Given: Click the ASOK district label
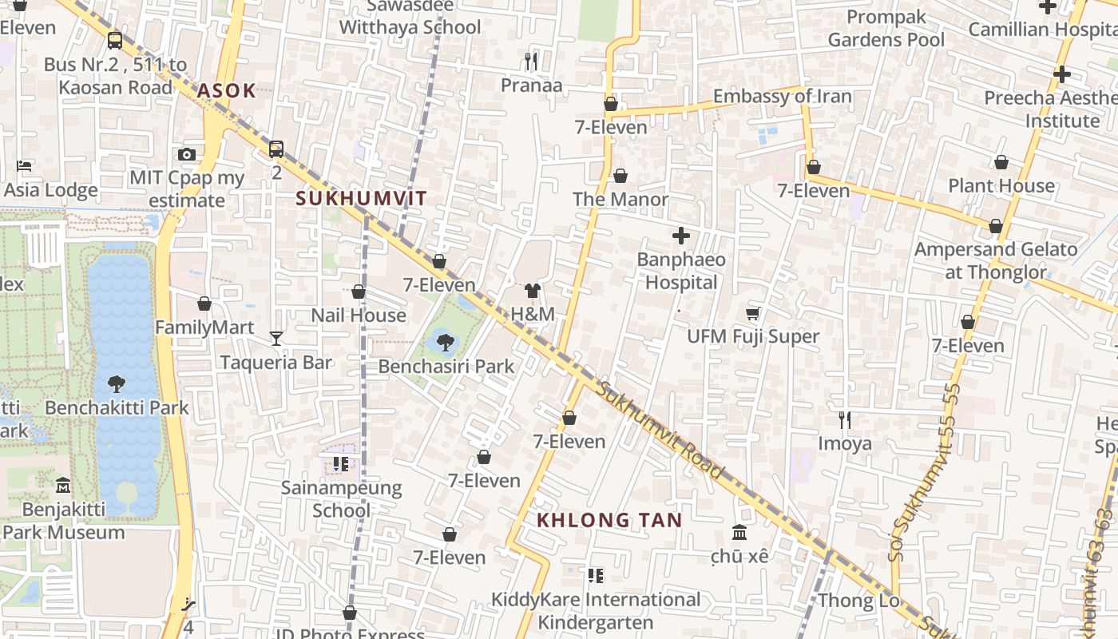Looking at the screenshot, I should point(226,90).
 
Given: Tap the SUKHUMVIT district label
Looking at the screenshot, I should point(361,198).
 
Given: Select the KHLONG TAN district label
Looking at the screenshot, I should point(609,520).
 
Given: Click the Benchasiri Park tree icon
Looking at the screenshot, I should point(446,343).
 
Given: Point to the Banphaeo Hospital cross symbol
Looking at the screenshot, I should point(681,236).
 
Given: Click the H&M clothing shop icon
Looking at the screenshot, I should point(533,290).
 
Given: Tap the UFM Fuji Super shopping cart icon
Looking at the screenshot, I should point(752,313).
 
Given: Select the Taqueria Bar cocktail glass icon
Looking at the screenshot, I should point(276,339).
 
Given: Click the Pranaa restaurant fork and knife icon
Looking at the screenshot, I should point(531,62).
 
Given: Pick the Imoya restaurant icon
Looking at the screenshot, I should point(845,419).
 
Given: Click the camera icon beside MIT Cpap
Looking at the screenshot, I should point(187,154).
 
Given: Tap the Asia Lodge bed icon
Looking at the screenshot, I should point(24,166).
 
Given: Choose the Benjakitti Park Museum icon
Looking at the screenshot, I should point(63,485).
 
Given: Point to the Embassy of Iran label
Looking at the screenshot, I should point(782,97).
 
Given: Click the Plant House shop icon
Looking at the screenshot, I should point(1001,163).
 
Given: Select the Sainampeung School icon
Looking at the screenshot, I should point(341,463).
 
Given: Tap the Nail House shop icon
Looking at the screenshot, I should point(359,292).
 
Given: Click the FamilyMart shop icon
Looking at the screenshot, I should point(204,304).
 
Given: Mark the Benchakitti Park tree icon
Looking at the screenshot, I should point(117,383).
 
